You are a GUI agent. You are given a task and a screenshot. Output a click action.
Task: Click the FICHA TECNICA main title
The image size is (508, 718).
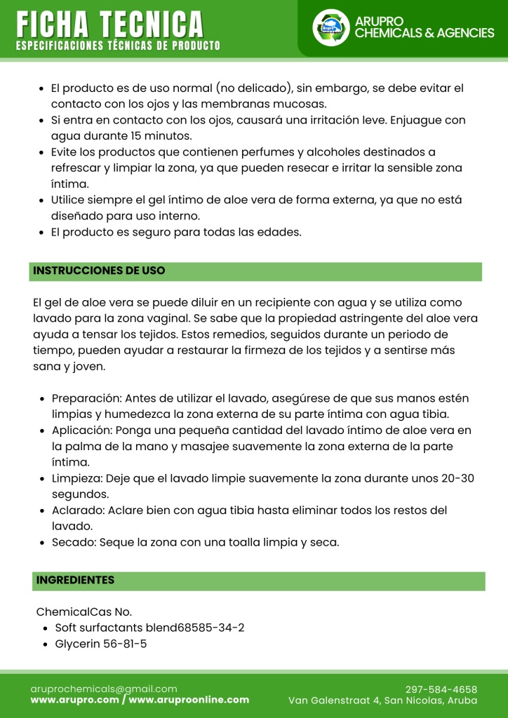[110, 25]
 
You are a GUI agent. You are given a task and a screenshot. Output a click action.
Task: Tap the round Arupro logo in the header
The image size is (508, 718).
[330, 27]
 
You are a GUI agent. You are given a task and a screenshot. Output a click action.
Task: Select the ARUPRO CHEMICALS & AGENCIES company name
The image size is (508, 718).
[425, 27]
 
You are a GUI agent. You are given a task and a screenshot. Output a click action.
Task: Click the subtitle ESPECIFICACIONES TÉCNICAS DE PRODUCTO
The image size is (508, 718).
[118, 46]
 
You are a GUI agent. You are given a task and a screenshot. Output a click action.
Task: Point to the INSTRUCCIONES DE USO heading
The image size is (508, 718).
[99, 271]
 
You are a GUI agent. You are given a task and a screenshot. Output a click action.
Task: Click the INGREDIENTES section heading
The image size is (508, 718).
[75, 580]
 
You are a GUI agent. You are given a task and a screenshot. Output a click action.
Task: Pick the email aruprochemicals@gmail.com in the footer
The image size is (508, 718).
[104, 689]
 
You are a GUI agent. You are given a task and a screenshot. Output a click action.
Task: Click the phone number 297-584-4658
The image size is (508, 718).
[441, 689]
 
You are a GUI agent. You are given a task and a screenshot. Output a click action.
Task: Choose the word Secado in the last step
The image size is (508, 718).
[74, 542]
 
